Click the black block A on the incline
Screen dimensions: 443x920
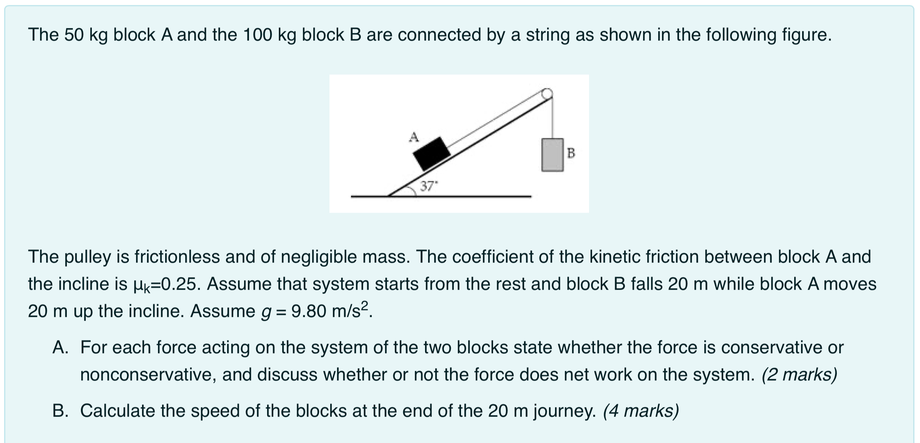click(431, 153)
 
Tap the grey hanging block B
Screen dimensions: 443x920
click(552, 155)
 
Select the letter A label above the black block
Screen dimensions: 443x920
click(414, 137)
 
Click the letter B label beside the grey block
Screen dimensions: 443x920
click(571, 153)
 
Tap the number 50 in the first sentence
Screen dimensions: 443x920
click(73, 35)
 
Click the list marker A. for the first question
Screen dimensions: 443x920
click(60, 347)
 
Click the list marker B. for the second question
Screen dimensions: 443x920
click(60, 411)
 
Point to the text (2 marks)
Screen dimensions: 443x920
click(799, 375)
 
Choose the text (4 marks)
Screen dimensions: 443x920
click(641, 411)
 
